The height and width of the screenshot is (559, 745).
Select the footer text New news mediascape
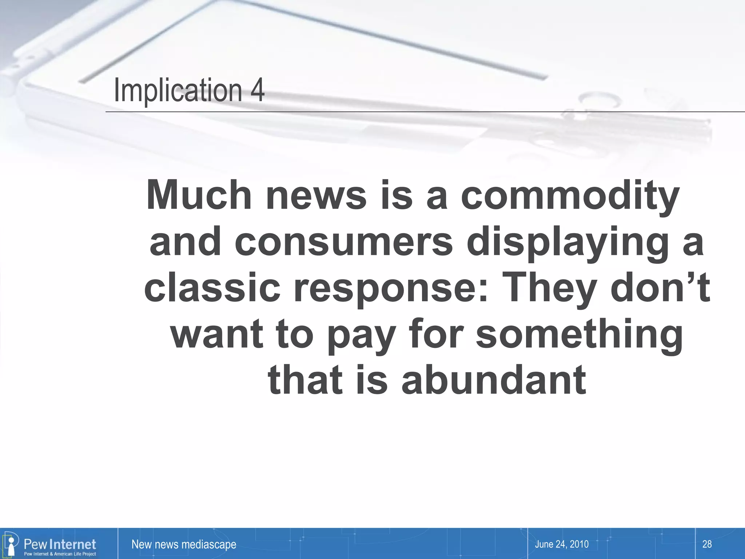(x=184, y=544)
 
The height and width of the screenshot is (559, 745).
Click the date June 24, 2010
(x=562, y=544)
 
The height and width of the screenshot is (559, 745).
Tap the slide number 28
(x=707, y=544)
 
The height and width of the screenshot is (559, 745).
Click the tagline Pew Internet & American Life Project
(x=60, y=554)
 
